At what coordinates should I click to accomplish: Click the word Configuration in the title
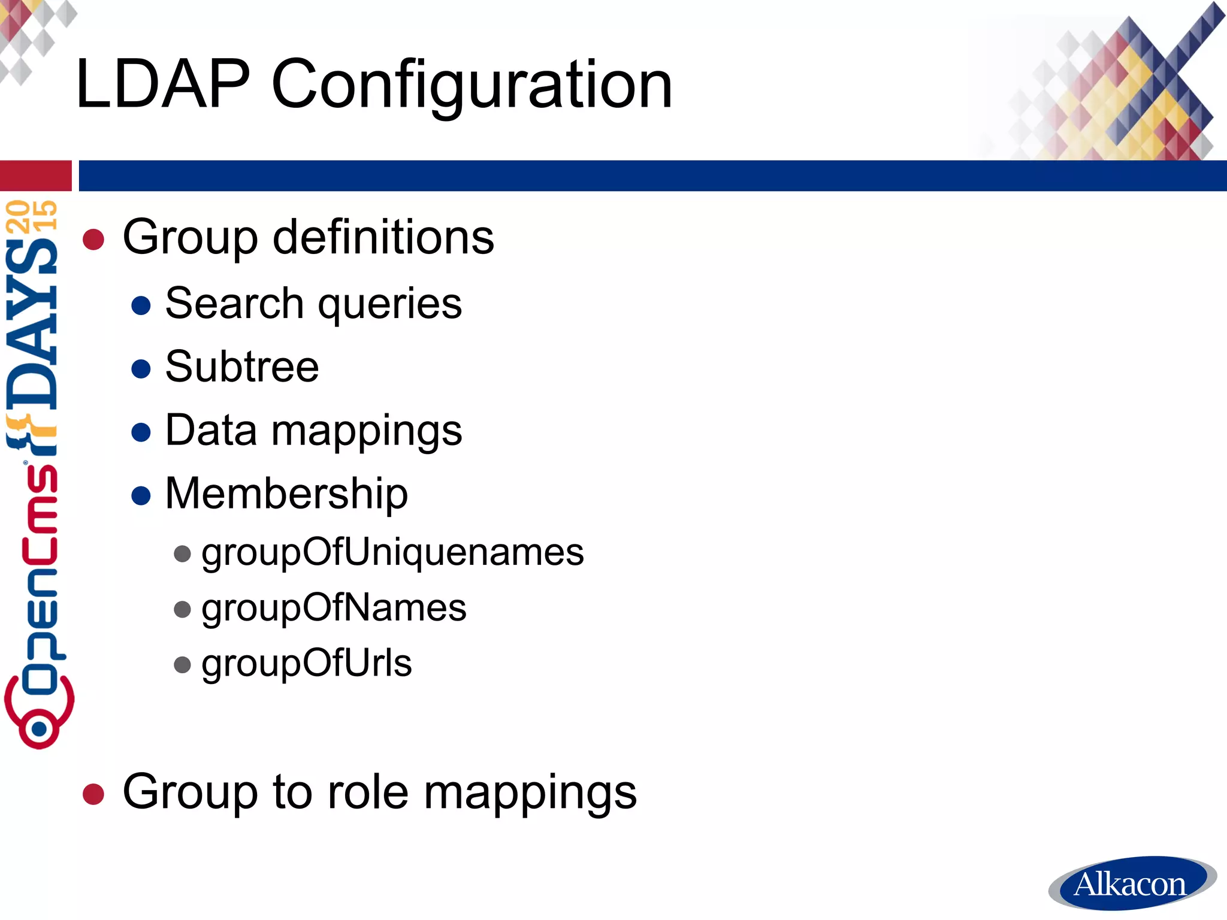472,85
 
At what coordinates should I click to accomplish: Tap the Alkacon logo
1131,883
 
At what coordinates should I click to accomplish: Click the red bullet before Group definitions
93,240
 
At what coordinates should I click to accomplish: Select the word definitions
383,237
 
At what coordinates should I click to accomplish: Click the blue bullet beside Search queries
141,305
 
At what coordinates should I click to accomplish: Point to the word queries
389,304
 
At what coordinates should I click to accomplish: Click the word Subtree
242,367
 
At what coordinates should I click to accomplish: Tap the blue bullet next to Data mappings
141,432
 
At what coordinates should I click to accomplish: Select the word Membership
286,494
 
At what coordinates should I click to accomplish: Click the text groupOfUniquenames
392,552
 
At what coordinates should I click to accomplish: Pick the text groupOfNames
334,608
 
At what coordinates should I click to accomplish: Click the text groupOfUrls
307,663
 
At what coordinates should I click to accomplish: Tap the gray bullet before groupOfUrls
182,665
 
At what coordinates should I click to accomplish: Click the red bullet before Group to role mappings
93,794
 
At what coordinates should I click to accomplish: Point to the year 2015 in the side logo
31,216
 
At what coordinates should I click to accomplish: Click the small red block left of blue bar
35,175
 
